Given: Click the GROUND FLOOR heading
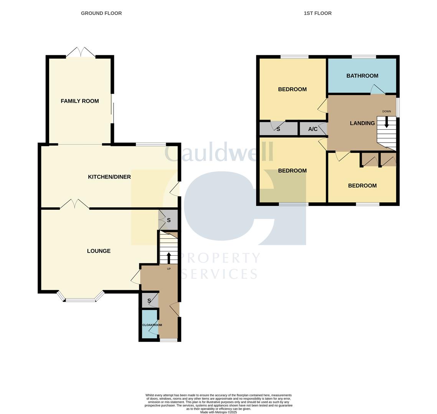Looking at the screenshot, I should pos(101,13).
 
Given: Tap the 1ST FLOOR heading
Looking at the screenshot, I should pos(317,13).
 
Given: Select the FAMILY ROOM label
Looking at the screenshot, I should pos(80,101).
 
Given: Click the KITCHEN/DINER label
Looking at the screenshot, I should pos(109,177).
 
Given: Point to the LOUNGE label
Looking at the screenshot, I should pos(99,251).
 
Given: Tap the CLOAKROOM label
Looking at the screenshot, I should pos(152,325).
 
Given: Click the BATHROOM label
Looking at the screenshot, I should pos(362,76).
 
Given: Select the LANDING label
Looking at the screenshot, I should pos(362,123).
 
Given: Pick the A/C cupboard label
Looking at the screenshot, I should pos(313,129).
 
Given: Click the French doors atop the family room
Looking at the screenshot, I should pos(81,53).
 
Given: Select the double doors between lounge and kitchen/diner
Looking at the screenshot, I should pos(74,204).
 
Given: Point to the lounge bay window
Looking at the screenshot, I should pos(81,299).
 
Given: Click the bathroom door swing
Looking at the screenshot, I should pos(377,89).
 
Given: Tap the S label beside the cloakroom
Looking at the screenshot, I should pos(149,301).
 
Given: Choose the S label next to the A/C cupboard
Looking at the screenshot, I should pos(278,129).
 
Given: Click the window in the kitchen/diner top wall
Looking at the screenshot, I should pos(150,145).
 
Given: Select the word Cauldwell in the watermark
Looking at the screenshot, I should pos(219,152).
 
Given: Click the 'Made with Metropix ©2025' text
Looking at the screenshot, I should pos(218,412).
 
